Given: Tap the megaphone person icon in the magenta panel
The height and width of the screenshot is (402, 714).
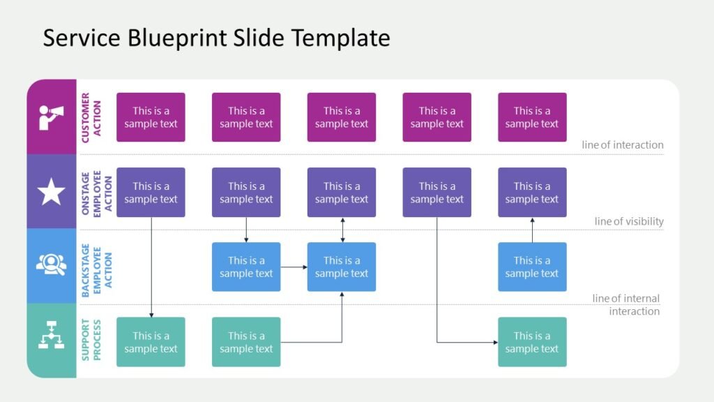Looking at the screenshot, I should (x=51, y=117).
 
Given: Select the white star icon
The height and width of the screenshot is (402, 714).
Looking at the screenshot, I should (x=51, y=192).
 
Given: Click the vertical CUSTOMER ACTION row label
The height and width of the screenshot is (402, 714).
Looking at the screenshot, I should (x=91, y=117).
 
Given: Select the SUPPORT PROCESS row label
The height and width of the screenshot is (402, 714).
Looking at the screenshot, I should (x=91, y=341).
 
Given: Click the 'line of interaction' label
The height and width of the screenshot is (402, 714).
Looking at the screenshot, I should (x=623, y=145).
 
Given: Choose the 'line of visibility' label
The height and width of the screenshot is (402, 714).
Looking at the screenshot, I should (x=629, y=221).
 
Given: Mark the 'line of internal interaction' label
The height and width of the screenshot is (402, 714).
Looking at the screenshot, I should (x=626, y=304).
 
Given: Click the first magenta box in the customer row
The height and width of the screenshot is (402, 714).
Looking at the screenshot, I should (x=151, y=117).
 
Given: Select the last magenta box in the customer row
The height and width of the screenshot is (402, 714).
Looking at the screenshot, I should (x=532, y=117).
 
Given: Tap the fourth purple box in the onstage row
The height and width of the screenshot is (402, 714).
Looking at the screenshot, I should (x=436, y=192).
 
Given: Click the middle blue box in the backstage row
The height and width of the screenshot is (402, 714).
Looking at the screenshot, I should (x=342, y=267).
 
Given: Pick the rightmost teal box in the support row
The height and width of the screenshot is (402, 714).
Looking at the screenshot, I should (x=532, y=342).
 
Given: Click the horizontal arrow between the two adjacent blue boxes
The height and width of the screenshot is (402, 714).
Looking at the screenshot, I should (x=294, y=267).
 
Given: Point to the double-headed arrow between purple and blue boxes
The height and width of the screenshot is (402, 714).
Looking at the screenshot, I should (x=342, y=230).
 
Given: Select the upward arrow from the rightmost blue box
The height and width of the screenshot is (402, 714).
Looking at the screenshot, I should (x=532, y=230).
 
